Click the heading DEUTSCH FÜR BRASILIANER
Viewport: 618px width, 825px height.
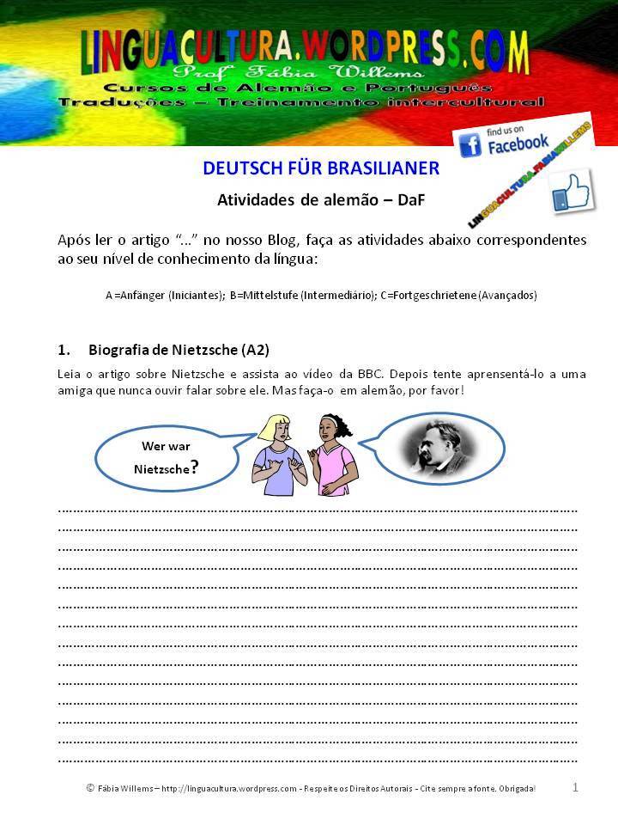[x=321, y=168]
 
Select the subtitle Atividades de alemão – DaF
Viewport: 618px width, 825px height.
[x=321, y=200]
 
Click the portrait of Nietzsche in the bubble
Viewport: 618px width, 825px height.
[x=437, y=449]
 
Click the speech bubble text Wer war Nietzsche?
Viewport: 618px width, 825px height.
[x=167, y=458]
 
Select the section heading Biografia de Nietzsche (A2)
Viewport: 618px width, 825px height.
[x=179, y=350]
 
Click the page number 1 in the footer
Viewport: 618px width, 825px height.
[x=575, y=786]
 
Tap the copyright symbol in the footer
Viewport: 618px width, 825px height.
[x=90, y=787]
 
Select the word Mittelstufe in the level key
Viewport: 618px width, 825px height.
[x=264, y=295]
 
